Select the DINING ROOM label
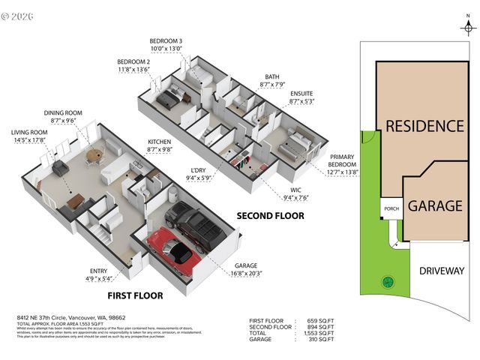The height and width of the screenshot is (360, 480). pos(62,112)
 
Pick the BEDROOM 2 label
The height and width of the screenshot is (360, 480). pos(134,61)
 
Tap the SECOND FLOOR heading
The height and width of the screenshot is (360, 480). pos(271,216)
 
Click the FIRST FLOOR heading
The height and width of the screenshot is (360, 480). pos(134,295)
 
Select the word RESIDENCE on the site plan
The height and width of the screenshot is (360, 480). pos(424,126)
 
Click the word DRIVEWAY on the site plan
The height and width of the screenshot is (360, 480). pos(442,271)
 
